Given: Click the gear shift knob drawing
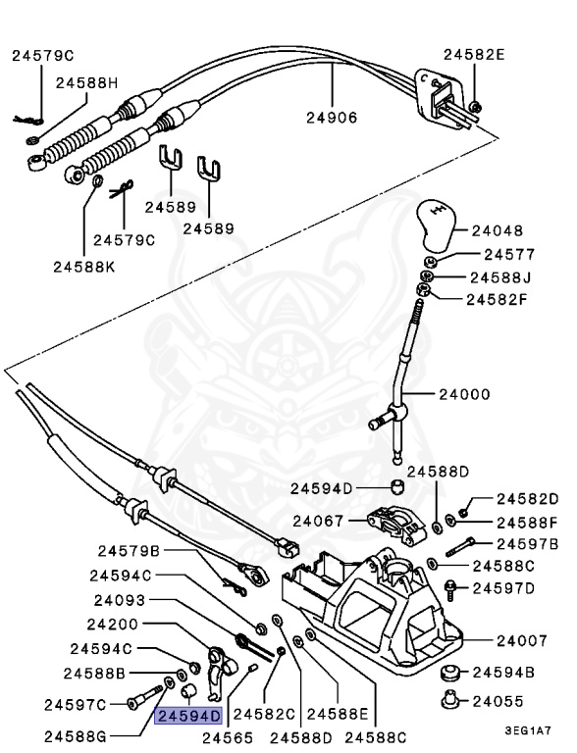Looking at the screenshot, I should click(435, 225).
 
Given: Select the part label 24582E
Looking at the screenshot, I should click(474, 55).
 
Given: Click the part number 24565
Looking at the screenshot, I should click(229, 737).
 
